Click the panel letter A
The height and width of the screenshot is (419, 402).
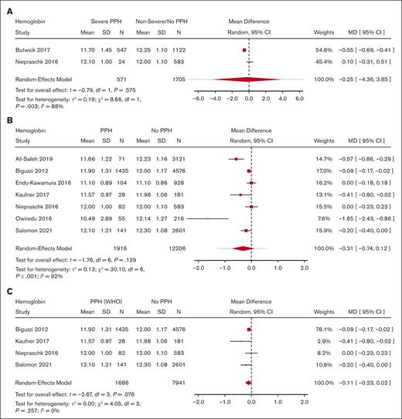point(8,5)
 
